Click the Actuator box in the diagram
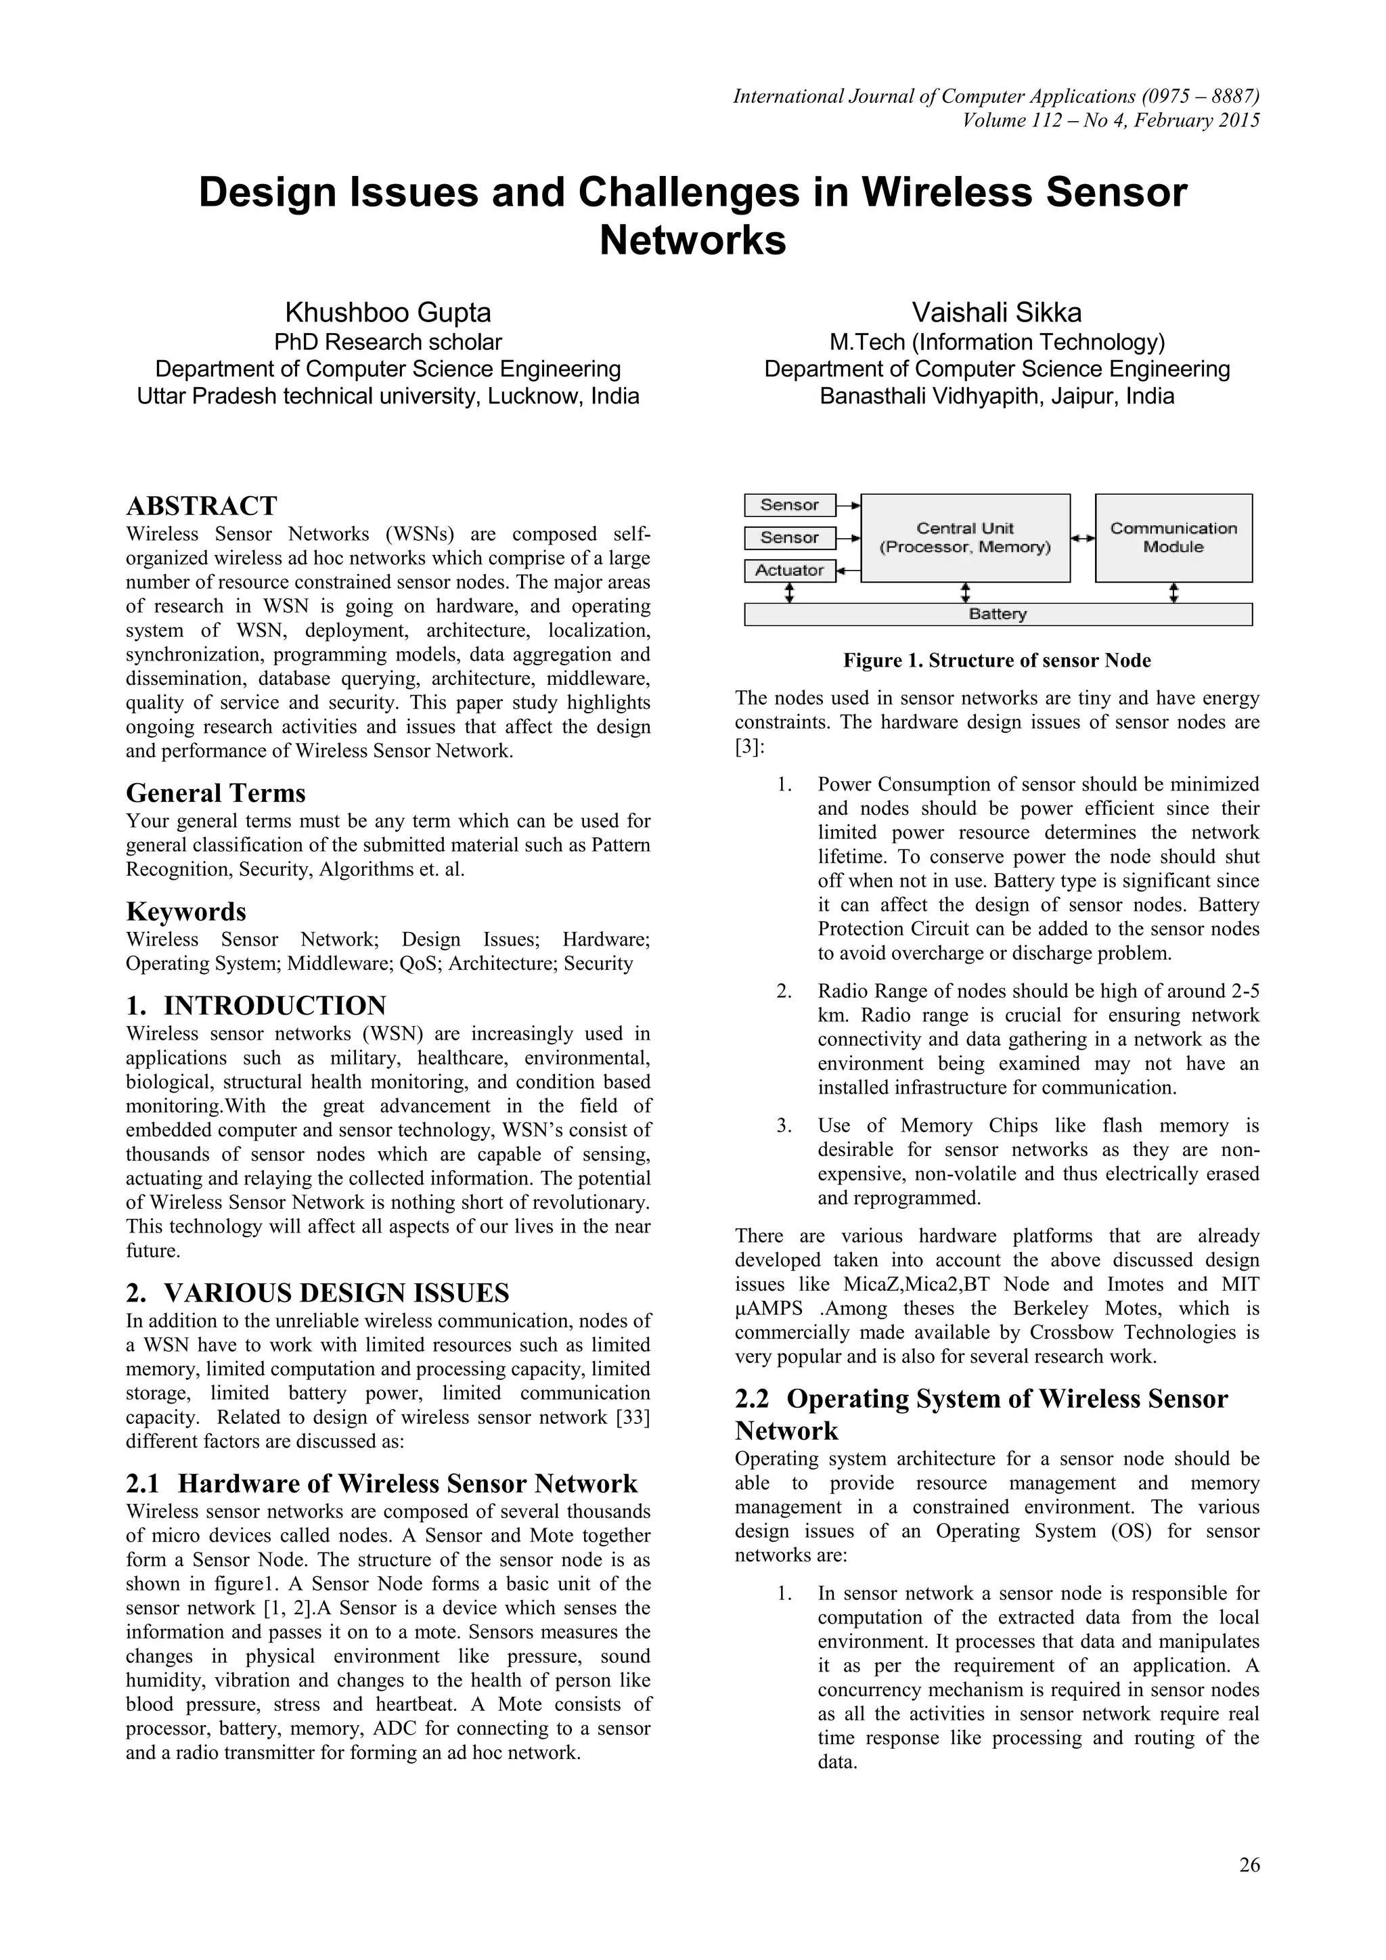coord(790,571)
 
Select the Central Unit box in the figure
coord(964,538)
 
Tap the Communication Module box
coord(1173,538)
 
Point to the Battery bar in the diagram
coord(998,615)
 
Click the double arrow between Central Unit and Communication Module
coord(1083,538)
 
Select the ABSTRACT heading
coord(202,506)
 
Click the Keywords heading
coord(186,912)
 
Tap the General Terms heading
coord(216,793)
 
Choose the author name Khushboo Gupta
coord(388,313)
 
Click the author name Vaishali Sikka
coord(997,313)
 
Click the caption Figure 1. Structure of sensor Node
coord(997,661)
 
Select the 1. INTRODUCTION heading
coord(256,1005)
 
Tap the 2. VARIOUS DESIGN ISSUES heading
coord(317,1293)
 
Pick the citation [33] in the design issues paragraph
coord(632,1418)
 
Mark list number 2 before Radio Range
coord(784,991)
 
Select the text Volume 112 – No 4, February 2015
coord(1111,120)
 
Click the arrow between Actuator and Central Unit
coord(847,571)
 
